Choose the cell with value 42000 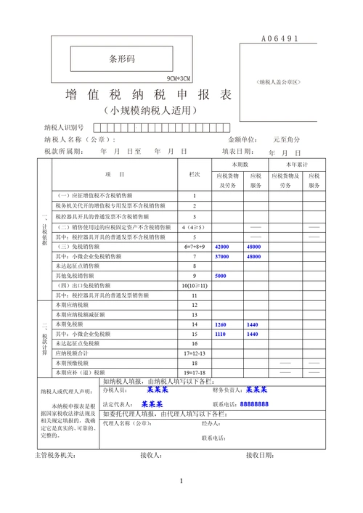(221, 247)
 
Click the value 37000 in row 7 (221, 257)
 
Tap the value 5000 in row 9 (220, 276)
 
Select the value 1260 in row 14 (221, 324)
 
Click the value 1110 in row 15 (221, 334)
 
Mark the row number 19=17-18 (194, 372)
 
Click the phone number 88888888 (254, 404)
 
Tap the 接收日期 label (259, 455)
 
